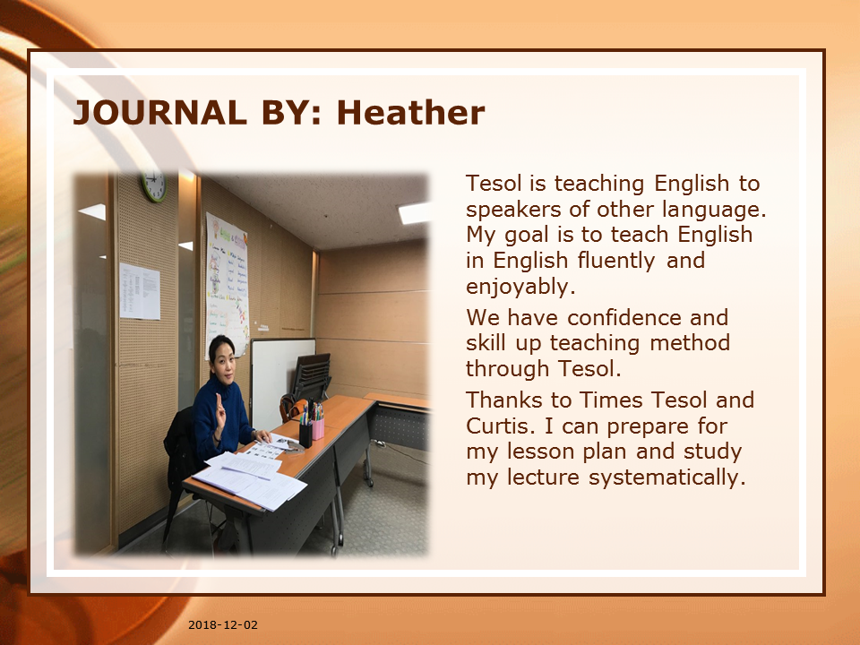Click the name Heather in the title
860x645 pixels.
pos(411,113)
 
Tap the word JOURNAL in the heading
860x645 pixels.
pos(159,113)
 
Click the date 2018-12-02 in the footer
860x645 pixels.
pos(223,624)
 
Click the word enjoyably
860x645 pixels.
pos(520,287)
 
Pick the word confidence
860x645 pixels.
pos(624,318)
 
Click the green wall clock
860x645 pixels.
pos(154,185)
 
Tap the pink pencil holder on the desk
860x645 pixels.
pos(318,428)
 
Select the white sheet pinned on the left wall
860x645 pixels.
pos(140,290)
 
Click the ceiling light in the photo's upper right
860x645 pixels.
pos(414,213)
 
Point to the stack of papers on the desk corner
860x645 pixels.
pos(250,480)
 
